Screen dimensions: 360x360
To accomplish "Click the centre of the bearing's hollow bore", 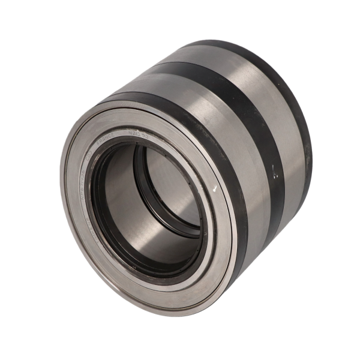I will (147, 204).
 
